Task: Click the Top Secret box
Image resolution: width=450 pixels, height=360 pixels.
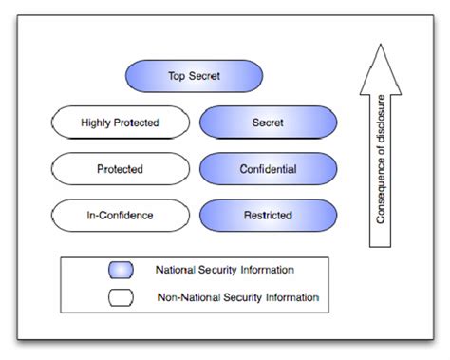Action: pyautogui.click(x=193, y=76)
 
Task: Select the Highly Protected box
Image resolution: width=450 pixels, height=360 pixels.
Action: pyautogui.click(x=120, y=123)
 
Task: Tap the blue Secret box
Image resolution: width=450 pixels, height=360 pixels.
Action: pyautogui.click(x=268, y=123)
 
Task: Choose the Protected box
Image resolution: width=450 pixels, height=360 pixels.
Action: pyautogui.click(x=120, y=169)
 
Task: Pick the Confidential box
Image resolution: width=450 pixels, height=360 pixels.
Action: pyautogui.click(x=268, y=169)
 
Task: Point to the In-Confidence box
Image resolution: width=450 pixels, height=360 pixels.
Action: pyautogui.click(x=120, y=216)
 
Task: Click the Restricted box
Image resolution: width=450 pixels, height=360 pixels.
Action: pyautogui.click(x=268, y=216)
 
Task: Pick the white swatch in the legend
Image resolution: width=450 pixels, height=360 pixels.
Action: pyautogui.click(x=121, y=297)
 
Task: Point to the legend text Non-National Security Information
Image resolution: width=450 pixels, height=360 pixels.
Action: pyautogui.click(x=237, y=297)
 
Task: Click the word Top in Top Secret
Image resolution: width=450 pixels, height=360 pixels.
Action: pyautogui.click(x=177, y=76)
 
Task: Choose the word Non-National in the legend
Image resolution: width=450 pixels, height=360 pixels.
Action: pyautogui.click(x=188, y=297)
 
